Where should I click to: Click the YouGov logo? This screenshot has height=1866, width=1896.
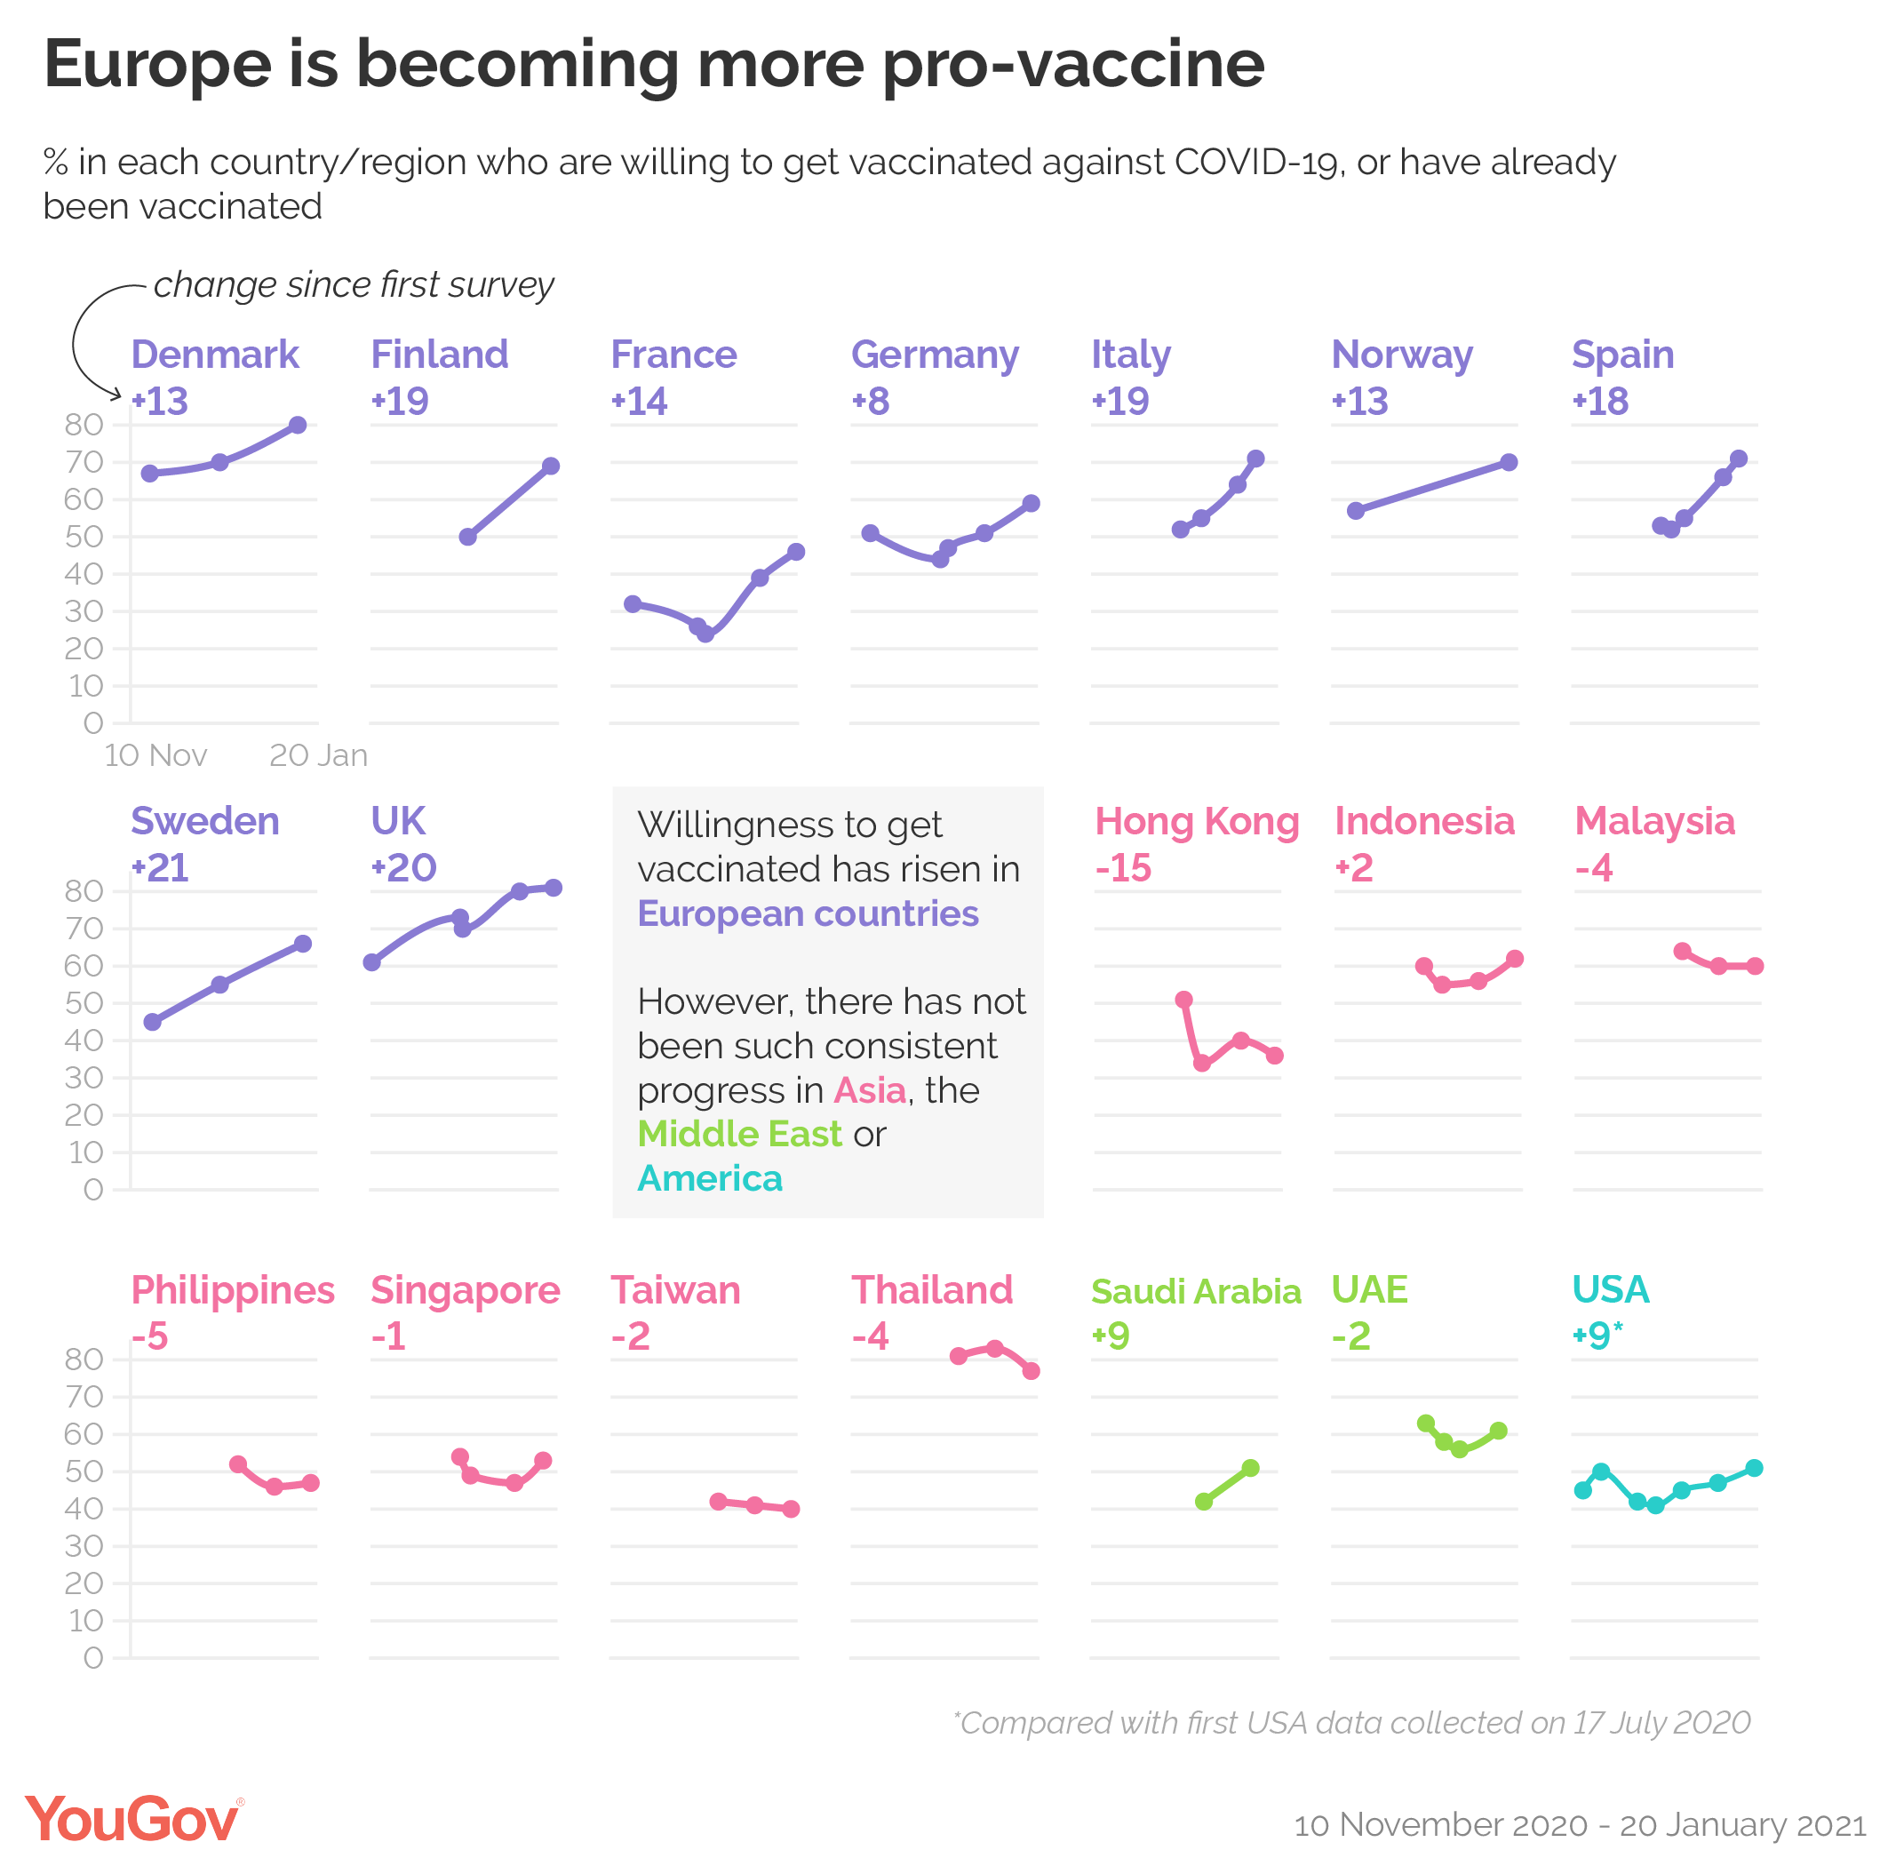pos(133,1820)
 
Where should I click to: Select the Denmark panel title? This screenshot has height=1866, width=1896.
pos(215,355)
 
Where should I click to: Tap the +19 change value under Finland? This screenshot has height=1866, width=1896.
pos(400,402)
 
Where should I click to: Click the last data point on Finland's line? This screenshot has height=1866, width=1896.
pos(551,466)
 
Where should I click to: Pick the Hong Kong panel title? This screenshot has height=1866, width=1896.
pos(1197,821)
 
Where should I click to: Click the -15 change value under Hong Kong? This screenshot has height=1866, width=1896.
pos(1123,868)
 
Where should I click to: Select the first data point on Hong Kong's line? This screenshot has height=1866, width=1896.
pos(1183,1001)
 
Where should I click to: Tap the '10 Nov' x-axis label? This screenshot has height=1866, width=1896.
pos(155,755)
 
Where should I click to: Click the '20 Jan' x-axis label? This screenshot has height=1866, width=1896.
pos(318,755)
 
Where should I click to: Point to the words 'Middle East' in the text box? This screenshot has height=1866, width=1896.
pos(739,1134)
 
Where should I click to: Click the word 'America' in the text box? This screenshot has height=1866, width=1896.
pos(709,1179)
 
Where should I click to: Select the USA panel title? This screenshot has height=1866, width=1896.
pos(1610,1289)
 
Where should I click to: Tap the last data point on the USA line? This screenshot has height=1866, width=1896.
pos(1754,1468)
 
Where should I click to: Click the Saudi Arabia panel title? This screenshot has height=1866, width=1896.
pos(1195,1292)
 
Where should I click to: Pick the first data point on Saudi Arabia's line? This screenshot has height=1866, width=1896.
pos(1204,1502)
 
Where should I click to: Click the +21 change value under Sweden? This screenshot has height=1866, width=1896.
pos(160,868)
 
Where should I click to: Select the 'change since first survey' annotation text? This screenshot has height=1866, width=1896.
pos(354,285)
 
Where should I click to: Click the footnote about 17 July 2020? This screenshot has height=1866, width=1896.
pos(1352,1723)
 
